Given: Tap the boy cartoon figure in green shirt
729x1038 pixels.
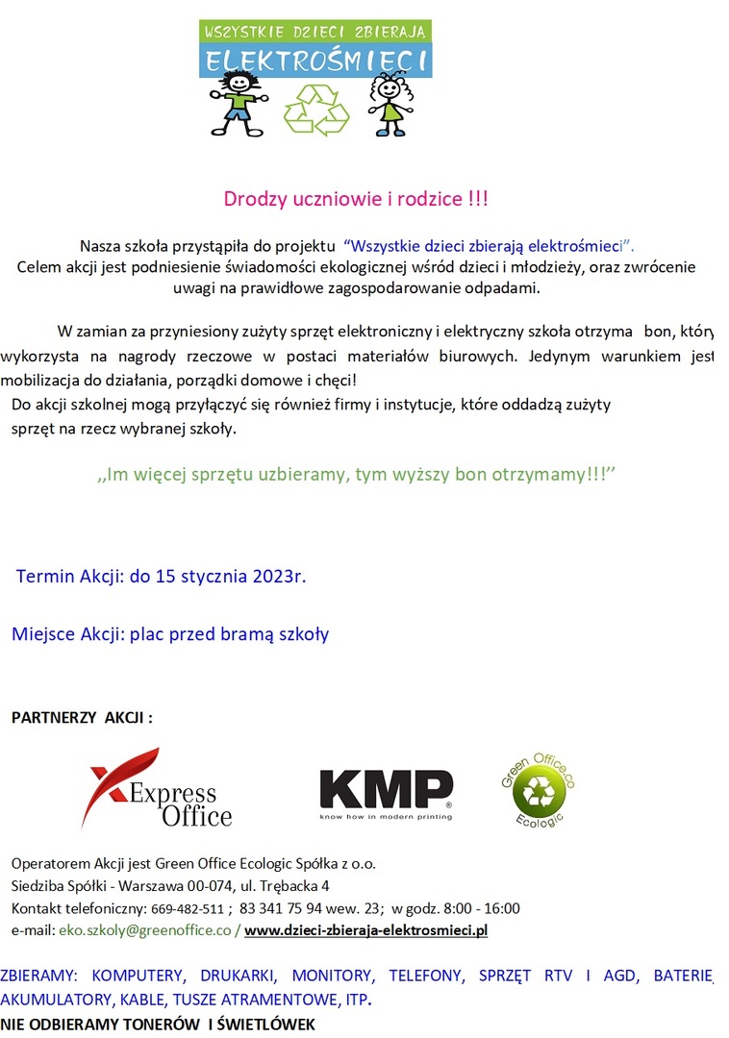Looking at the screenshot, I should tap(237, 102).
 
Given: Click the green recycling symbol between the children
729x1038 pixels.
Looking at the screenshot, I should tap(315, 109).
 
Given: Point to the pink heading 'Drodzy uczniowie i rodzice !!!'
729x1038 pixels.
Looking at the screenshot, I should tap(356, 200).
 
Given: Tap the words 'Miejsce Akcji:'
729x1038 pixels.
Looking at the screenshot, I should tap(67, 634).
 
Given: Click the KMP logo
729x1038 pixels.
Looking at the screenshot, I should tap(385, 794).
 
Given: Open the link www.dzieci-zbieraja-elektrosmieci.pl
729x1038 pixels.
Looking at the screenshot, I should tap(366, 930).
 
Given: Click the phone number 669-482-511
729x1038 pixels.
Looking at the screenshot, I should tap(188, 908).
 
